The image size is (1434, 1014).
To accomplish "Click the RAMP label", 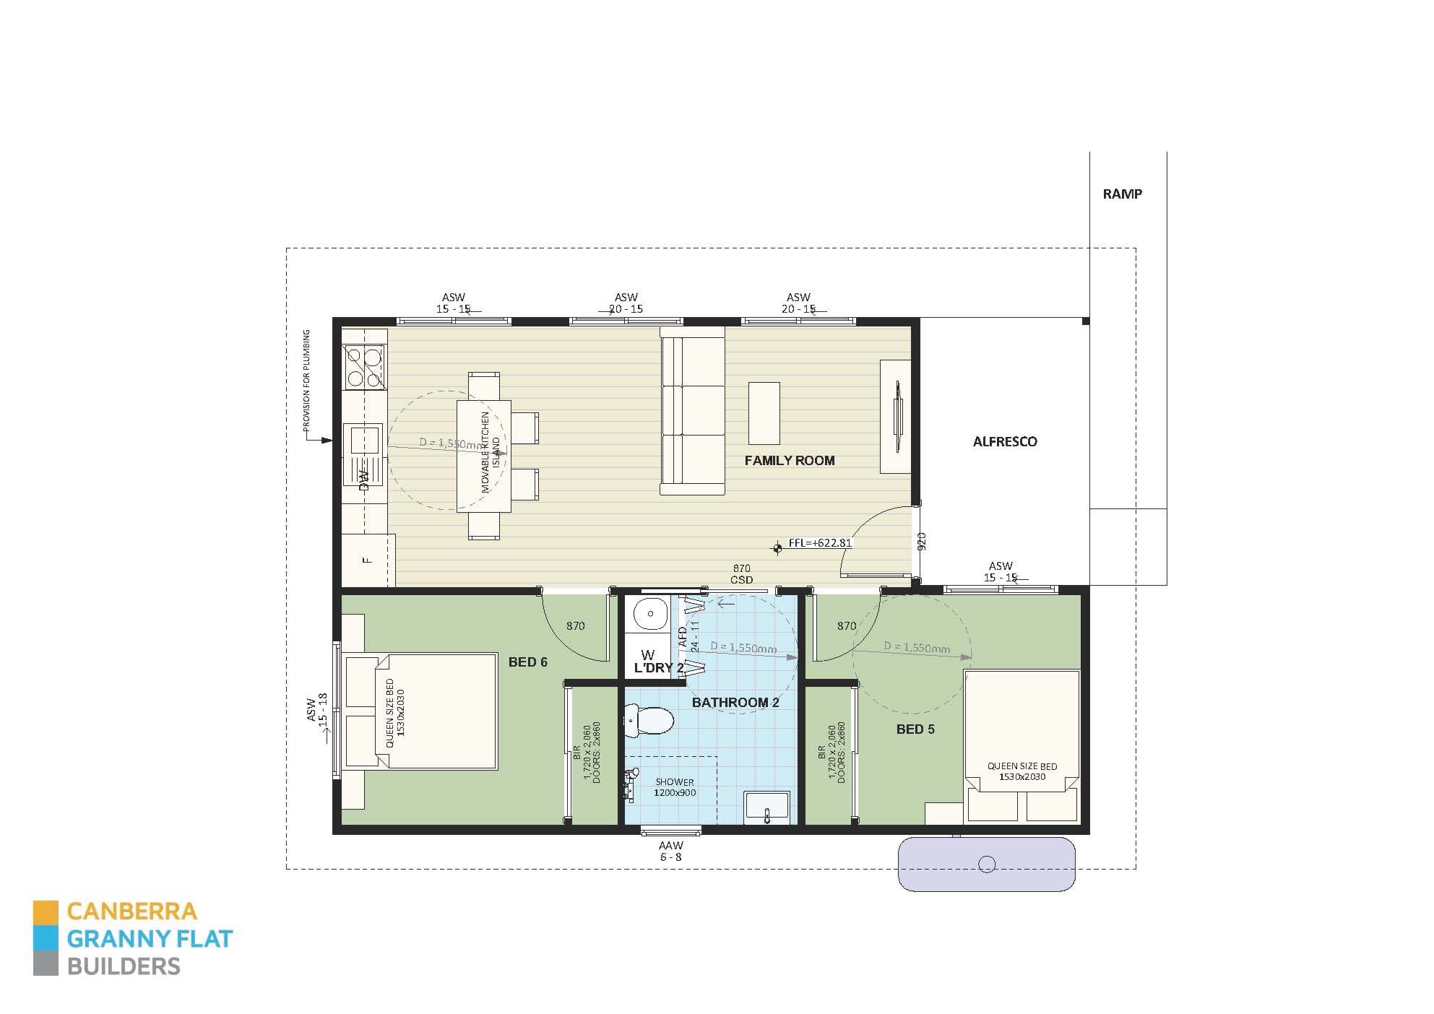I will pos(1122,194).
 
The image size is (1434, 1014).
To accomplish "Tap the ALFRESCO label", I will pos(1004,441).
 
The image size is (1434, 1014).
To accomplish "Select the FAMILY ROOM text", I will pos(789,460).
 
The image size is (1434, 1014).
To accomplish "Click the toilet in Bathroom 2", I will pos(649,721).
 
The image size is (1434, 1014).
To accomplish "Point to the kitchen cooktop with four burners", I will pos(363,367).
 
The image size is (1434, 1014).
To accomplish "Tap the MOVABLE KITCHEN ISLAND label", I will pos(490,453).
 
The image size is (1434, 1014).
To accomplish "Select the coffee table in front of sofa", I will pos(764,413).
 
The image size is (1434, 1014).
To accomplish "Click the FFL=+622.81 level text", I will pos(819,542).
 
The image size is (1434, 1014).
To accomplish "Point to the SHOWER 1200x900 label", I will pos(674,787).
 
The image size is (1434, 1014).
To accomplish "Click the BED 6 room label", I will pos(527,662).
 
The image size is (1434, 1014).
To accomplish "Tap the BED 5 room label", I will pos(915,729).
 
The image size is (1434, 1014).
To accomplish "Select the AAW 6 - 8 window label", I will pos(670,851).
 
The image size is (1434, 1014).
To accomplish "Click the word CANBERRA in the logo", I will pos(131,911).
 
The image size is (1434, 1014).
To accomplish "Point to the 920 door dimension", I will pos(920,542).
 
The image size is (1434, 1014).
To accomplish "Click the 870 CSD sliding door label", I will pos(741,574).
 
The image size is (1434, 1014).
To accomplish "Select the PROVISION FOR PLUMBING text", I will pos(306,381).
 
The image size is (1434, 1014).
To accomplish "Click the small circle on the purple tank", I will pos(985,864).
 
